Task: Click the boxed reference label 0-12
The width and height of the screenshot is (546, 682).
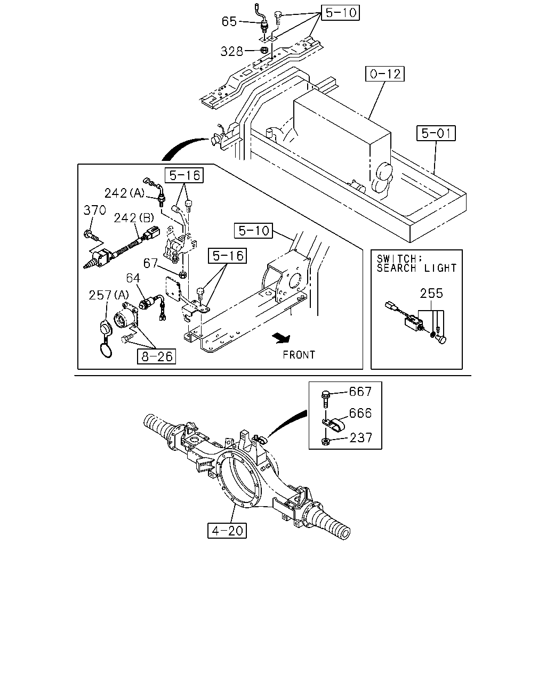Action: click(384, 74)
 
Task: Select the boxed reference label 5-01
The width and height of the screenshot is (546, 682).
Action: click(436, 133)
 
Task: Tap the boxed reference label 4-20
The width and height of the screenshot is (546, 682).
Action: click(227, 531)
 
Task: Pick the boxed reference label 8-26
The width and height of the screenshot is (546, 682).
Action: click(156, 356)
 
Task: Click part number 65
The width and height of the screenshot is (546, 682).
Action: click(229, 21)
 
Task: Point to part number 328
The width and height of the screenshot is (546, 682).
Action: click(232, 51)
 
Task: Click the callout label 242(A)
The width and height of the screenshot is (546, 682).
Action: click(124, 193)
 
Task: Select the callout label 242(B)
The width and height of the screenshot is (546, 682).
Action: click(134, 218)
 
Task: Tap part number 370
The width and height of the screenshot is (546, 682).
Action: click(94, 210)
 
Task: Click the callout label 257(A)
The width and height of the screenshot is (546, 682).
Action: click(109, 295)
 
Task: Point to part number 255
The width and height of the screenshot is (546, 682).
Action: click(431, 294)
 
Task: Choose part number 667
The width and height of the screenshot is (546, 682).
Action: click(360, 392)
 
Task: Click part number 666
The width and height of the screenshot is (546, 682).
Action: click(360, 413)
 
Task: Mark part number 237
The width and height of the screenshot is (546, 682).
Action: click(361, 438)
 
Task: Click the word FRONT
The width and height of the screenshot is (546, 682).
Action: click(299, 355)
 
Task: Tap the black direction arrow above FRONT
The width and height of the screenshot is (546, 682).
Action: click(281, 338)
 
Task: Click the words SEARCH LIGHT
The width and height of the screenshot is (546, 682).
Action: click(416, 268)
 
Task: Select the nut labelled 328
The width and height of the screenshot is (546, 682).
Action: click(264, 50)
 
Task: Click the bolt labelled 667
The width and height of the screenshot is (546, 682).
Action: click(325, 399)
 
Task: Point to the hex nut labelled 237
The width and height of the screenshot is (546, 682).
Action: click(325, 441)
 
